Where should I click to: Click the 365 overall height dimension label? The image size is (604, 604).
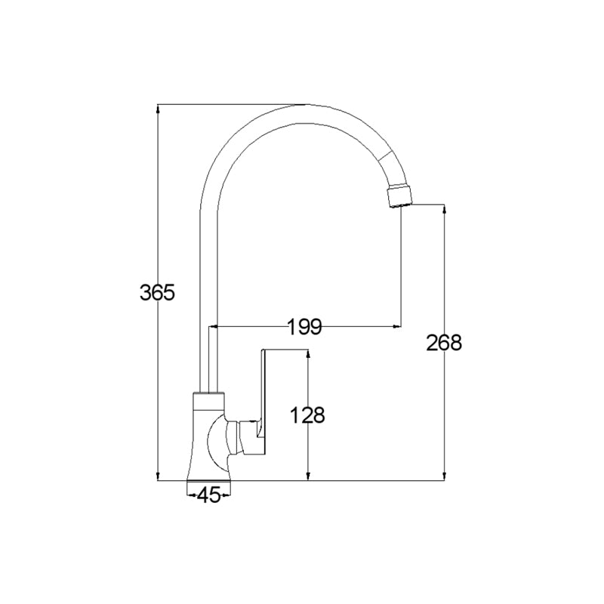pyautogui.click(x=157, y=292)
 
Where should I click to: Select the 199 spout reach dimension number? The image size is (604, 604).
pyautogui.click(x=305, y=327)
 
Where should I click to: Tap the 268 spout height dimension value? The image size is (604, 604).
pyautogui.click(x=444, y=343)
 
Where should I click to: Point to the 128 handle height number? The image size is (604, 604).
pyautogui.click(x=307, y=415)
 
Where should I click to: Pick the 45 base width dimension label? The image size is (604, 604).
pyautogui.click(x=208, y=495)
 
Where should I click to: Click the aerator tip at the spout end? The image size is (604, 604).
pyautogui.click(x=399, y=197)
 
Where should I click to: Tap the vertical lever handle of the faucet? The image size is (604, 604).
pyautogui.click(x=263, y=401)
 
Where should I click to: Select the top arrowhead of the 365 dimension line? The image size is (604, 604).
pyautogui.click(x=158, y=109)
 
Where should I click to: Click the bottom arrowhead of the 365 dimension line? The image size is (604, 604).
pyautogui.click(x=158, y=476)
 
